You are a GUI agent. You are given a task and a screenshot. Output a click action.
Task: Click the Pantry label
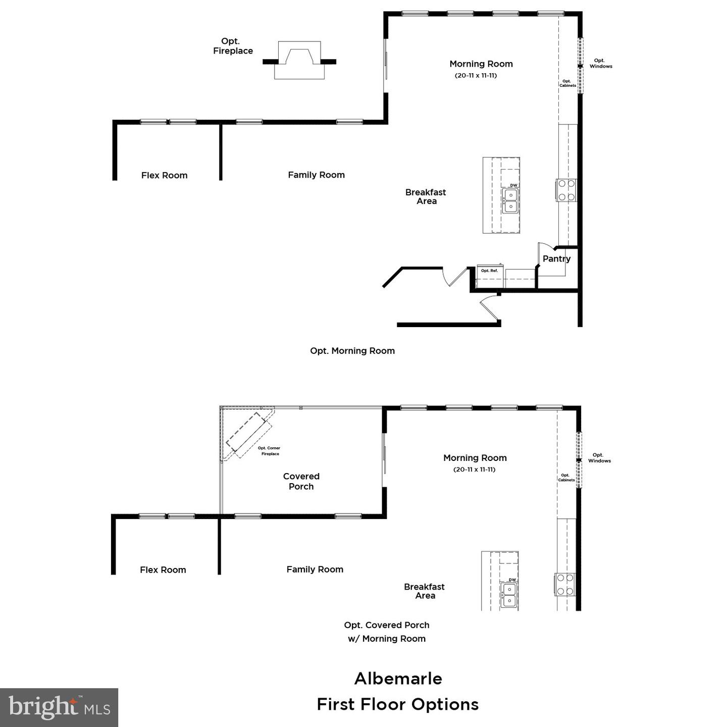(556, 258)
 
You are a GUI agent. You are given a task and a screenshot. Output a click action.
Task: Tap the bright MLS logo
(59, 707)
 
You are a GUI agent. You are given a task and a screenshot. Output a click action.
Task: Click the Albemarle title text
(398, 679)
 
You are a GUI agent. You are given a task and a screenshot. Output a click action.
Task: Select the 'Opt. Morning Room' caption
(352, 351)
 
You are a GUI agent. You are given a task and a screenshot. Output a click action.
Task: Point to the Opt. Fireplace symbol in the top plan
(299, 60)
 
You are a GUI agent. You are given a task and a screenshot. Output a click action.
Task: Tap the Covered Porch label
(301, 481)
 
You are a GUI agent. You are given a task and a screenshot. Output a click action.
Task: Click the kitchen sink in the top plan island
(510, 200)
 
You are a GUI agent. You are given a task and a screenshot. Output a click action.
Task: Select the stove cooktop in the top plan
(566, 190)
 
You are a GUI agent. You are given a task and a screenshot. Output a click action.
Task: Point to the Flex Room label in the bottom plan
(163, 570)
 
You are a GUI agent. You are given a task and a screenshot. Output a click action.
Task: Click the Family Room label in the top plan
(316, 175)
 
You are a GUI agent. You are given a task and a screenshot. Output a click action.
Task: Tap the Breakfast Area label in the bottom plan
(424, 591)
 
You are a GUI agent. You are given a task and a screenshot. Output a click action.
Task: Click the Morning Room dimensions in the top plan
(476, 76)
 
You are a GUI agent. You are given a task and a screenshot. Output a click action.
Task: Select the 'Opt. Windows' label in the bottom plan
(599, 458)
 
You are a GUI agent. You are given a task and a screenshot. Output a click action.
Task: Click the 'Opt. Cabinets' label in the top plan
(567, 83)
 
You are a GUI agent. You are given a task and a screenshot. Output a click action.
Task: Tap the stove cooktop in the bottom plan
(565, 584)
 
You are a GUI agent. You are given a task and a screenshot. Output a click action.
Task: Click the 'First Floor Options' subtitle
(397, 704)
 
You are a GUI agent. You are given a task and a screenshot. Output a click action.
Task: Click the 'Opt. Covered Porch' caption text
(387, 625)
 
